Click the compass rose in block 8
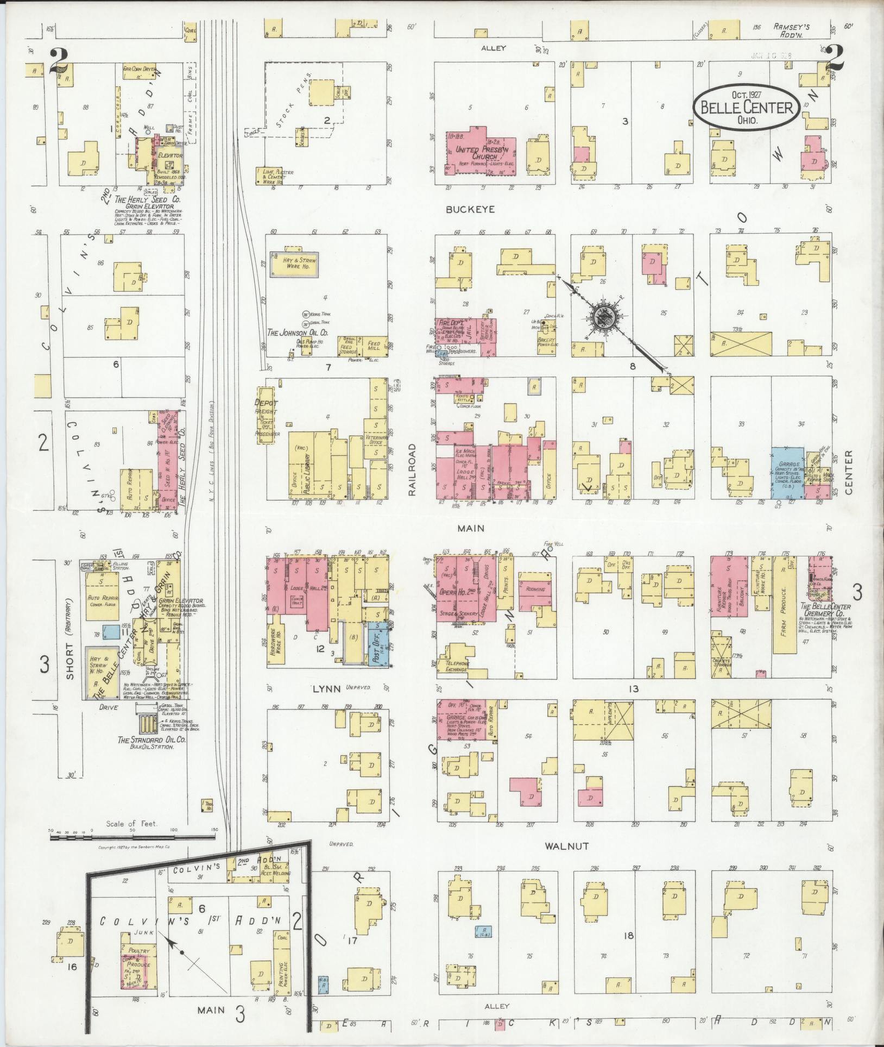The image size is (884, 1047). coord(602,315)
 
